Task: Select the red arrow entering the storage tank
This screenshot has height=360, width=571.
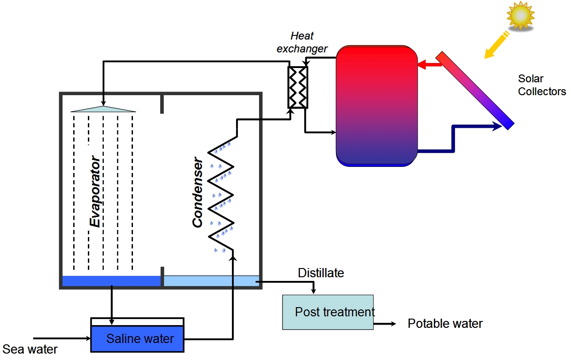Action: pyautogui.click(x=429, y=66)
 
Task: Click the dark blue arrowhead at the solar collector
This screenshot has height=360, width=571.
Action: pyautogui.click(x=496, y=126)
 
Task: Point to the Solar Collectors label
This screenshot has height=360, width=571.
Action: pyautogui.click(x=542, y=85)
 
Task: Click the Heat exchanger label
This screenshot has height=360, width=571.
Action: pyautogui.click(x=302, y=42)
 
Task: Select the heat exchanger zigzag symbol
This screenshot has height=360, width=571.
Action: pyautogui.click(x=298, y=87)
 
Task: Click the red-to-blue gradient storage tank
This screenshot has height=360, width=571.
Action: pyautogui.click(x=376, y=106)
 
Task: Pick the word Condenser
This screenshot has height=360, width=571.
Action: pyautogui.click(x=197, y=193)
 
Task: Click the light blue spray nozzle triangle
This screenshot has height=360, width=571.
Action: pyautogui.click(x=104, y=109)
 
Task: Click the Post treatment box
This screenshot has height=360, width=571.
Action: pyautogui.click(x=327, y=312)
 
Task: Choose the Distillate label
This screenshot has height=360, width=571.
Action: pyautogui.click(x=321, y=273)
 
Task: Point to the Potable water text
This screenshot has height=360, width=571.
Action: pyautogui.click(x=445, y=324)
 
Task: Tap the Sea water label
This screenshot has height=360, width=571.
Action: pyautogui.click(x=30, y=349)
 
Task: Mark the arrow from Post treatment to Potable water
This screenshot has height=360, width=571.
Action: pyautogui.click(x=384, y=324)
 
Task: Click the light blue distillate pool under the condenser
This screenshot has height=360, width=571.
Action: pyautogui.click(x=211, y=281)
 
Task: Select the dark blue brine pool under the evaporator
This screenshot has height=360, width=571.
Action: pyautogui.click(x=111, y=281)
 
